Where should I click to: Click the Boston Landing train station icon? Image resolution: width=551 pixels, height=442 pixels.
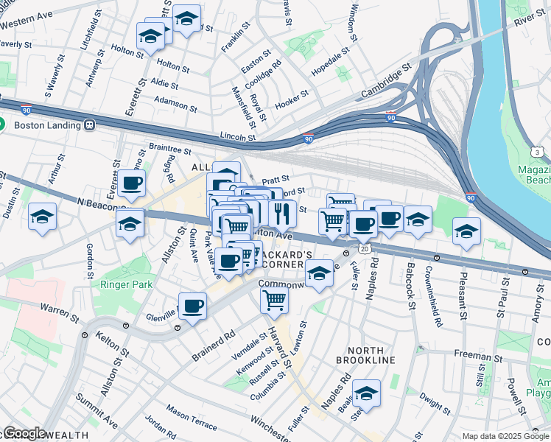(91, 125)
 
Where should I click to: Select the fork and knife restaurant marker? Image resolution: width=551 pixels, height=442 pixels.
(282, 214)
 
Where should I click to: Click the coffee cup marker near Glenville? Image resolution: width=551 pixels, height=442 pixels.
(193, 305)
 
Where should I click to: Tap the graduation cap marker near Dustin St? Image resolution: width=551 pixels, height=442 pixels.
(43, 217)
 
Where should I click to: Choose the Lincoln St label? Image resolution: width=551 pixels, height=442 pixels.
(237, 136)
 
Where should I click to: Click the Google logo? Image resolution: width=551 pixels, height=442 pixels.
(24, 433)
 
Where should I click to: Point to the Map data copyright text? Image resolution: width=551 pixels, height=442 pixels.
(505, 436)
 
